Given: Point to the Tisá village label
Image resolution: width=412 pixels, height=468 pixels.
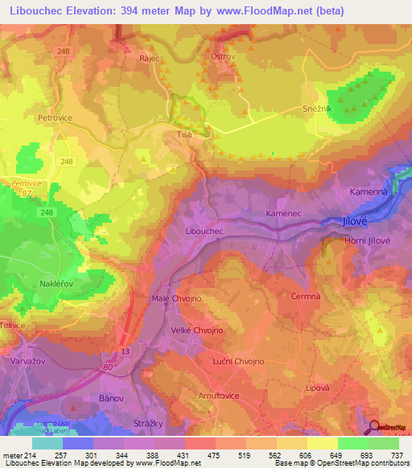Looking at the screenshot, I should tap(184, 135).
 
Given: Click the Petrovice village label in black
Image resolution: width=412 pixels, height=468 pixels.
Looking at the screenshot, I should tap(56, 117).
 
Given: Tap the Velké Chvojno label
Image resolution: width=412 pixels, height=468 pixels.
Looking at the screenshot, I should tap(196, 330).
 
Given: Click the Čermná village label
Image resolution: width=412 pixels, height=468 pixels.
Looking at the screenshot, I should tap(295, 296).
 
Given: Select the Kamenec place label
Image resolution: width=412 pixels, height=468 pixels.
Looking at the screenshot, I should tap(282, 214).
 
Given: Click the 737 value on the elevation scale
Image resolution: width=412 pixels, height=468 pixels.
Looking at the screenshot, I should tap(398, 455).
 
